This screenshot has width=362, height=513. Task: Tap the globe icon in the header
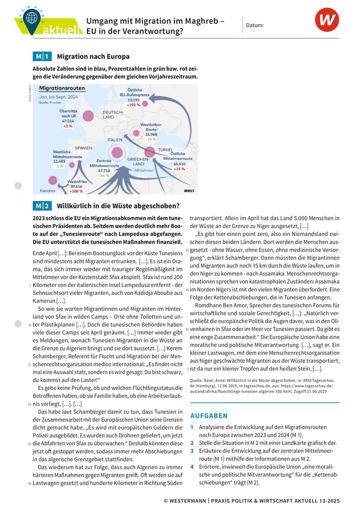[x=32, y=17]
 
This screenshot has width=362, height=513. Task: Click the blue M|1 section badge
[x=42, y=56]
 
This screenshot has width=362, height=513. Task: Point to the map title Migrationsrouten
[x=62, y=88]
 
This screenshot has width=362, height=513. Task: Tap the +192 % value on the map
[x=133, y=105]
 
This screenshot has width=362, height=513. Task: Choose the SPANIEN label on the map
[x=83, y=149]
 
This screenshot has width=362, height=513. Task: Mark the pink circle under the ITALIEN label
[x=118, y=152]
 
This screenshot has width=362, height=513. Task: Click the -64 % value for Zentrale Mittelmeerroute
[x=104, y=176]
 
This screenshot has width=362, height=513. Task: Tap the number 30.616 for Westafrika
[x=74, y=186]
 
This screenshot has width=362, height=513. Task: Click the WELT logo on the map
[x=189, y=190]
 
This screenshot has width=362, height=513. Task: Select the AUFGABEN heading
[x=209, y=416]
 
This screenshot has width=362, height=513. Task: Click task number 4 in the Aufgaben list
[x=192, y=466]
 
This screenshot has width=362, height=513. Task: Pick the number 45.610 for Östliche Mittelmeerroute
[x=179, y=164]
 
